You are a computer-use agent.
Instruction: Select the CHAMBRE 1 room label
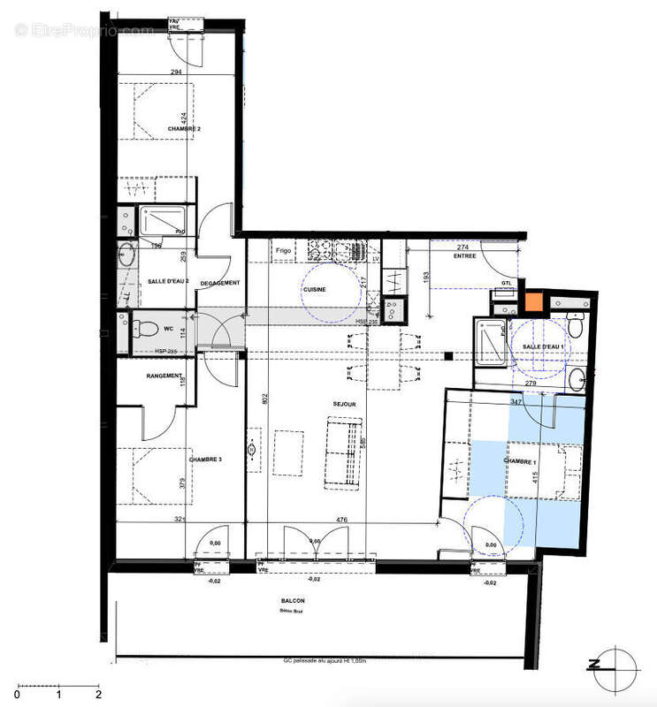[x=521, y=462]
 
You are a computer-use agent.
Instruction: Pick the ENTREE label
[x=464, y=256]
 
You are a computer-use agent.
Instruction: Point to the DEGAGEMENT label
[x=220, y=283]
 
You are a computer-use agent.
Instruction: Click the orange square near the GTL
[x=533, y=301]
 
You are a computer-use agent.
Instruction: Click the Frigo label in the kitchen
[x=283, y=250]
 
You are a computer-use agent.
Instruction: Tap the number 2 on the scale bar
[x=98, y=695]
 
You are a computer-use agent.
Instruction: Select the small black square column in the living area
[x=448, y=356]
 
